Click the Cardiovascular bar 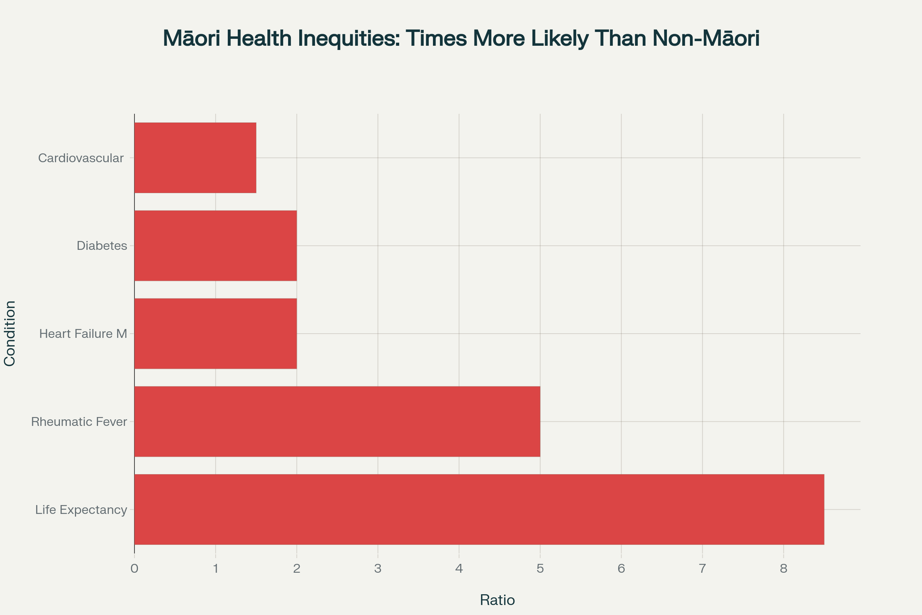coord(195,158)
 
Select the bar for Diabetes coord(216,246)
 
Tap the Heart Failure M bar coord(216,333)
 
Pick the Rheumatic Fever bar coord(337,421)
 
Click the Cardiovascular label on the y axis coord(81,158)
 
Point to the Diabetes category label coord(102,246)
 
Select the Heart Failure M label coord(83,334)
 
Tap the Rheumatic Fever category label coord(79,422)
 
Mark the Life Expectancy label coord(81,510)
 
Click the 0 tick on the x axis coord(134,568)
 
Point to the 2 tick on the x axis coord(297,568)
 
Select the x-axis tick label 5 coord(540,568)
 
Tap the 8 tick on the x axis coord(784,568)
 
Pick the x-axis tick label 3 coord(378,568)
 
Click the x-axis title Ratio coord(497,600)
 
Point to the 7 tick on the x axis coord(703,568)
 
